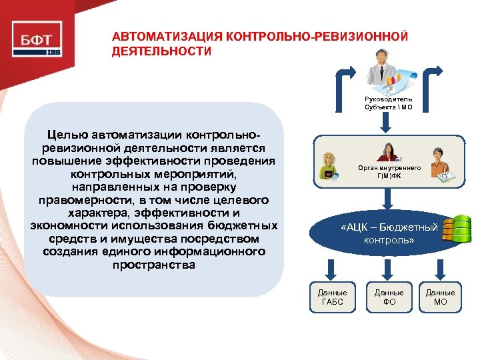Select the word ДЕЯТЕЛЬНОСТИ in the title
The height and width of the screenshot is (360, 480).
[161, 51]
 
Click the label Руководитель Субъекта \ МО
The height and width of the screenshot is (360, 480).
[389, 103]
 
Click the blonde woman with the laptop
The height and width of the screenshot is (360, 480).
[329, 165]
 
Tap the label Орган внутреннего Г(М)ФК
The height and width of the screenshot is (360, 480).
[389, 171]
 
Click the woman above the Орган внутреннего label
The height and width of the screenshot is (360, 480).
[387, 151]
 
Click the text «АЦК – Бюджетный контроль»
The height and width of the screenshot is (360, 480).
[389, 233]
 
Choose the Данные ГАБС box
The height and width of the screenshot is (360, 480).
[332, 297]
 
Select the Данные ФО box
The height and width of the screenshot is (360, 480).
[389, 297]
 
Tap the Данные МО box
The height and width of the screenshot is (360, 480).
[440, 297]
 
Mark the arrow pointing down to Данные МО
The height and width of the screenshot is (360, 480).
[441, 268]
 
